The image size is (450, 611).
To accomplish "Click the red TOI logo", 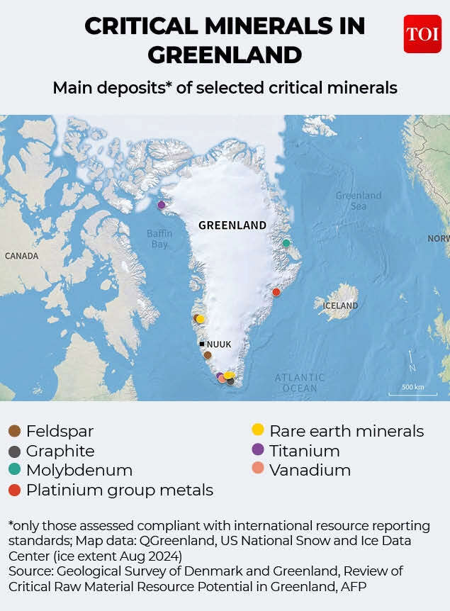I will [422, 34].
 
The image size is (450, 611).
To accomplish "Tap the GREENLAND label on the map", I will [232, 225].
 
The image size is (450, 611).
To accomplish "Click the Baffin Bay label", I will [159, 239].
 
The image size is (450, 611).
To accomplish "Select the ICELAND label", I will [340, 305].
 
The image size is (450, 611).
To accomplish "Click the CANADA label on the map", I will [21, 256].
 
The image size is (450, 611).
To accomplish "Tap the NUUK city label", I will [218, 344].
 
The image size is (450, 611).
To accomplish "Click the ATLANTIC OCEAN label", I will [300, 383].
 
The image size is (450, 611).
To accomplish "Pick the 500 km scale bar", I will [412, 391].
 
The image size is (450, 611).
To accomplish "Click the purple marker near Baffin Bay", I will [162, 205].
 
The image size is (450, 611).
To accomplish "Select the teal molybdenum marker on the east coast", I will [286, 243].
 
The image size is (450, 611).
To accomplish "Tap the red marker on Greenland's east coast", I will [276, 292].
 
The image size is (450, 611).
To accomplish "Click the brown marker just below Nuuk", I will [208, 355].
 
